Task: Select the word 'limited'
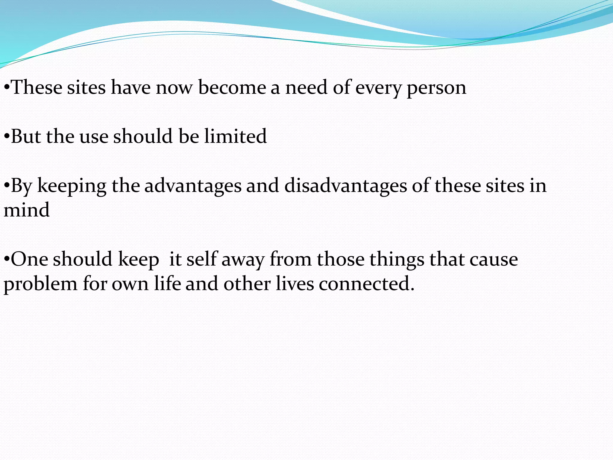click(235, 136)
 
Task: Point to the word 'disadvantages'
click(345, 186)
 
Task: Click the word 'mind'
click(27, 210)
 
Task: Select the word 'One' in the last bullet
click(29, 259)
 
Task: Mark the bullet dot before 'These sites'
click(7, 88)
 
